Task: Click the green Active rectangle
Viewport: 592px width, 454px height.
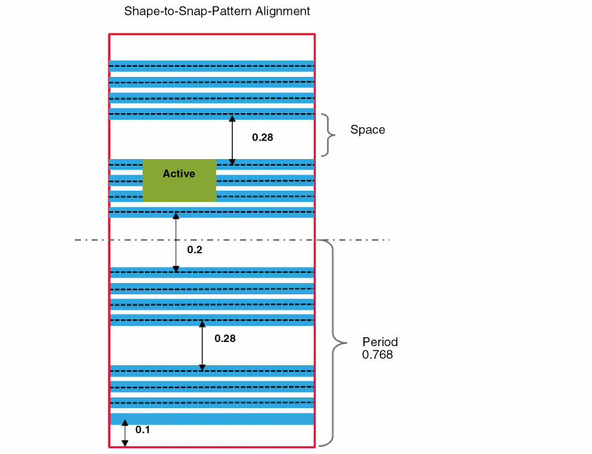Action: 179,188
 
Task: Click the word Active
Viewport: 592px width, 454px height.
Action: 179,174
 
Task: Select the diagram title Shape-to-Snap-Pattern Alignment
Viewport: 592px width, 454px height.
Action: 217,11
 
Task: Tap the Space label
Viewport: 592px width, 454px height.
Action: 367,130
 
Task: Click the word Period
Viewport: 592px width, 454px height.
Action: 380,342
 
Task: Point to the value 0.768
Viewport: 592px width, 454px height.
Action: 378,355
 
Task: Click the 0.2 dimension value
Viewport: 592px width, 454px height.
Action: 195,250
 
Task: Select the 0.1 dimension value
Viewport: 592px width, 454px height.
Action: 143,430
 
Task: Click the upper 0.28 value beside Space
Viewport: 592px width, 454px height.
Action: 262,137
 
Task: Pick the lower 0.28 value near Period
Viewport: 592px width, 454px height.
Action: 225,338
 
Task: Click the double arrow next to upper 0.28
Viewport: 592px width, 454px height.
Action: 233,139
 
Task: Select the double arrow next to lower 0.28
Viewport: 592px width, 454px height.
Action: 202,346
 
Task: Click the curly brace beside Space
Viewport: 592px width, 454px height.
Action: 328,135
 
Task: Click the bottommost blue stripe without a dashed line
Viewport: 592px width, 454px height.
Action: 212,419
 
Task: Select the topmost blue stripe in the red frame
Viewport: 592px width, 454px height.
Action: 212,66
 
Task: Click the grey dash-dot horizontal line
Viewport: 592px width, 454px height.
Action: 357,240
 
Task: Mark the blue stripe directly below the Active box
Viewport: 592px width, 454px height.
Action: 212,212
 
